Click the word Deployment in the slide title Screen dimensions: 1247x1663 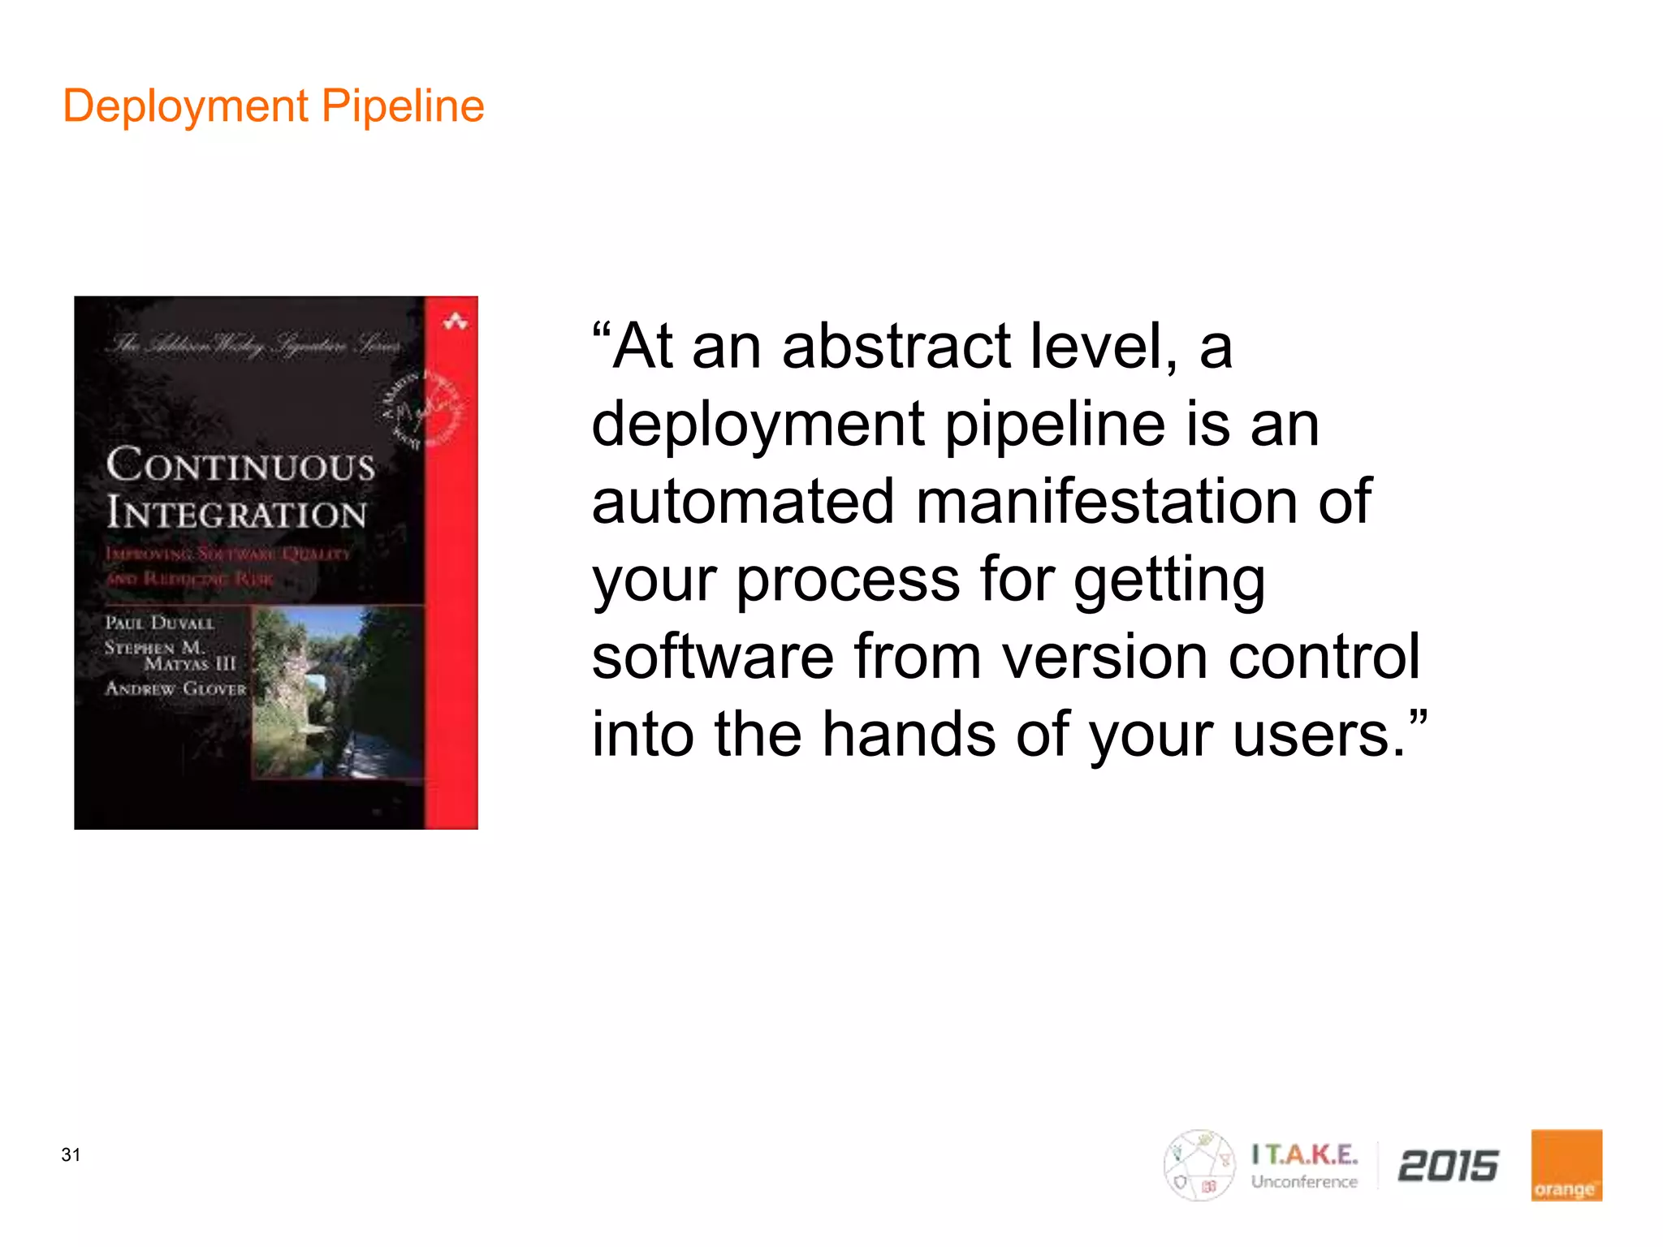point(185,106)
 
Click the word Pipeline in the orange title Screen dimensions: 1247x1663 point(403,106)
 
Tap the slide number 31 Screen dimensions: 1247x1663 point(71,1154)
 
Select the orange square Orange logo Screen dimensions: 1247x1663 point(1566,1165)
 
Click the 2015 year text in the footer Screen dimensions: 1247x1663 point(1448,1166)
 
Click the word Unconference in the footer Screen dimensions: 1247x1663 point(1304,1182)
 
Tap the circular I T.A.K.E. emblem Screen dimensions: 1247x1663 point(1199,1165)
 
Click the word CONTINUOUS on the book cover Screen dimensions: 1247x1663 point(240,465)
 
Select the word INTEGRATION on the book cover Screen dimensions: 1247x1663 point(236,513)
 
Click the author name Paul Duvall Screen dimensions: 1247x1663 point(159,623)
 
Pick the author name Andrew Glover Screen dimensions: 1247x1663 point(175,688)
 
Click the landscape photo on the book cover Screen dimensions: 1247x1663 point(337,693)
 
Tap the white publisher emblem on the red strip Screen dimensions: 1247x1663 point(455,322)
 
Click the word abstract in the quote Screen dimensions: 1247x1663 point(896,347)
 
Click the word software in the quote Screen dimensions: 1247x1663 point(712,657)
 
